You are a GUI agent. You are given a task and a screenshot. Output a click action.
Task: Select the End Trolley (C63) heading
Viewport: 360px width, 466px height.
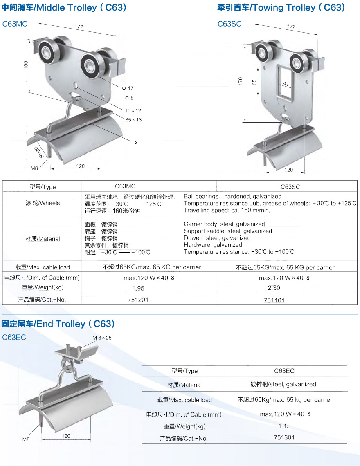58,324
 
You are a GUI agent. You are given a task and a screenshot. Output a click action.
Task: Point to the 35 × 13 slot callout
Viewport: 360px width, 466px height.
133,120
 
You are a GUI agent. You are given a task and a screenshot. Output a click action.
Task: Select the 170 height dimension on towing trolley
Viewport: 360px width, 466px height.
241,81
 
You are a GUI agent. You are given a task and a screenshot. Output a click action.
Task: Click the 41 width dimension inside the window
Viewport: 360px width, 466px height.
286,84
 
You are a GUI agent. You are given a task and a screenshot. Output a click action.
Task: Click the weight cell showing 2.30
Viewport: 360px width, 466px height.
274,288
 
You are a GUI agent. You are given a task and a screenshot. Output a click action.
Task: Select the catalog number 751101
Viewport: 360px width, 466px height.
274,300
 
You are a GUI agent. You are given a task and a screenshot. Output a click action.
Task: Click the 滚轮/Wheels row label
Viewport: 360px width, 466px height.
43,203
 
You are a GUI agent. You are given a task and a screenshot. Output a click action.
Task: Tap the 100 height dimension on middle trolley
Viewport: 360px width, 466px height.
26,65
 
